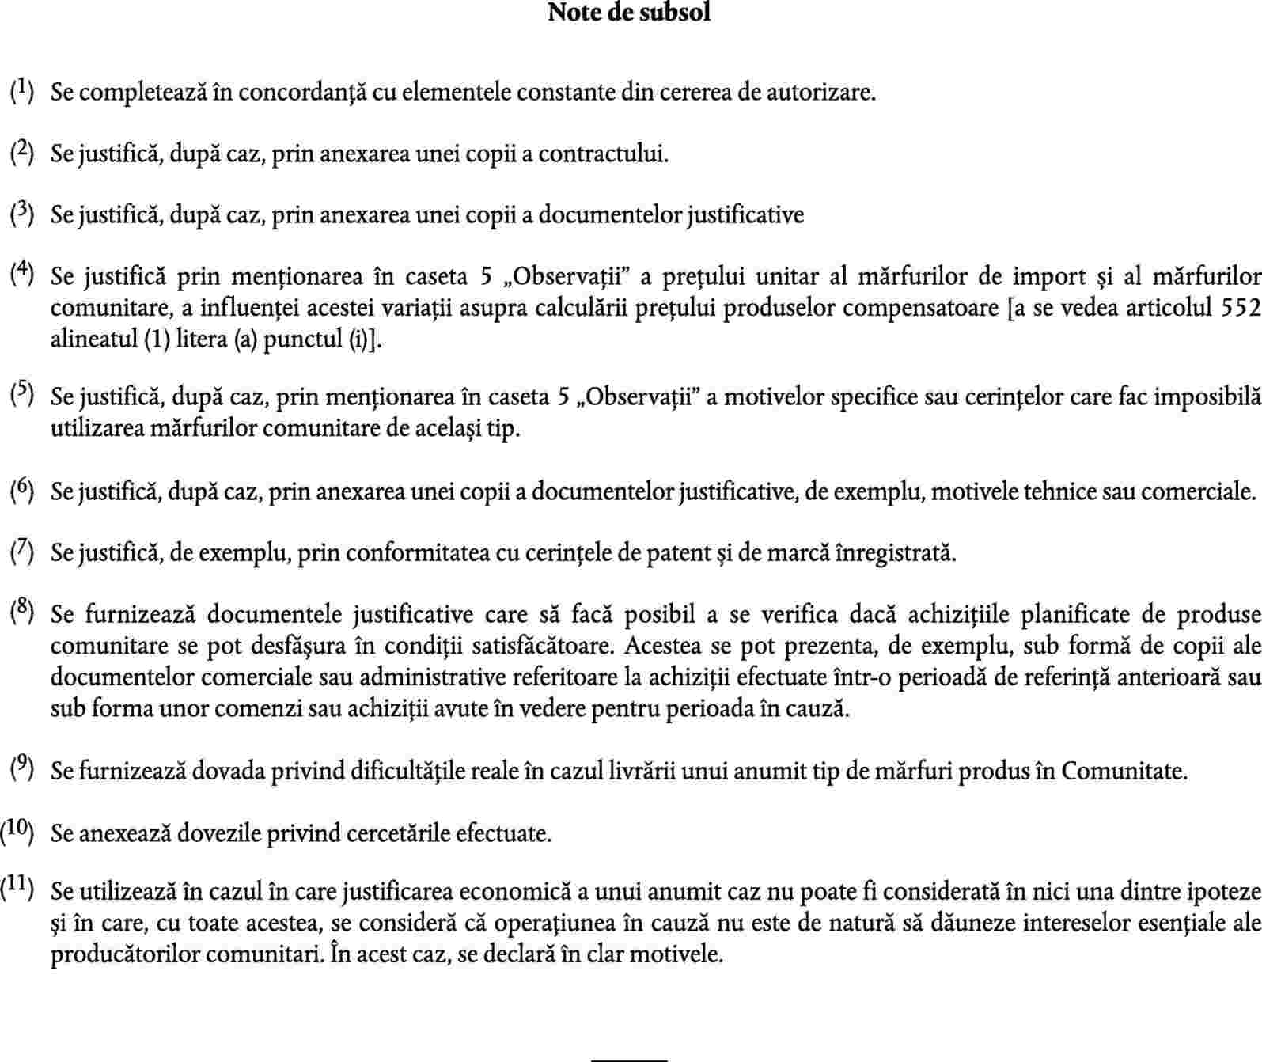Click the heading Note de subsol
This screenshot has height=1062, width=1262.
pyautogui.click(x=629, y=13)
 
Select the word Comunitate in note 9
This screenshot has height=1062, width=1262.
pyautogui.click(x=1123, y=771)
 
